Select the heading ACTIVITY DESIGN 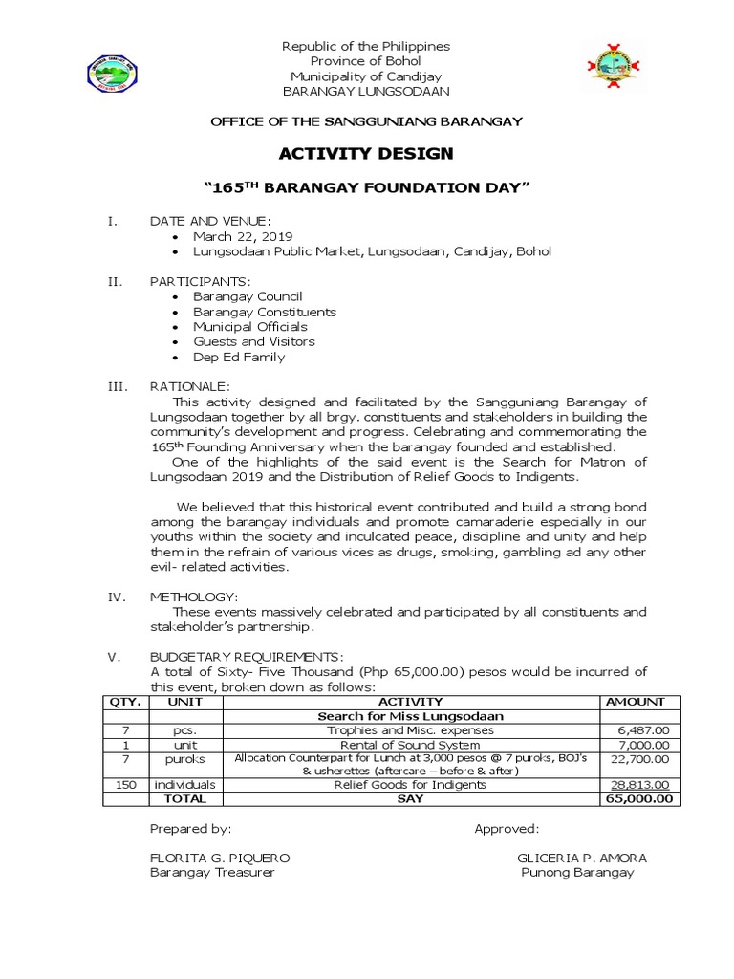click(366, 153)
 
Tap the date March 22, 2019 click(243, 236)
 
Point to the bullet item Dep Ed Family click(239, 357)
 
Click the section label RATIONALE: click(189, 385)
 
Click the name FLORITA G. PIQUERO click(220, 858)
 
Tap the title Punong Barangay click(577, 872)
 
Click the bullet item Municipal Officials click(250, 326)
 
